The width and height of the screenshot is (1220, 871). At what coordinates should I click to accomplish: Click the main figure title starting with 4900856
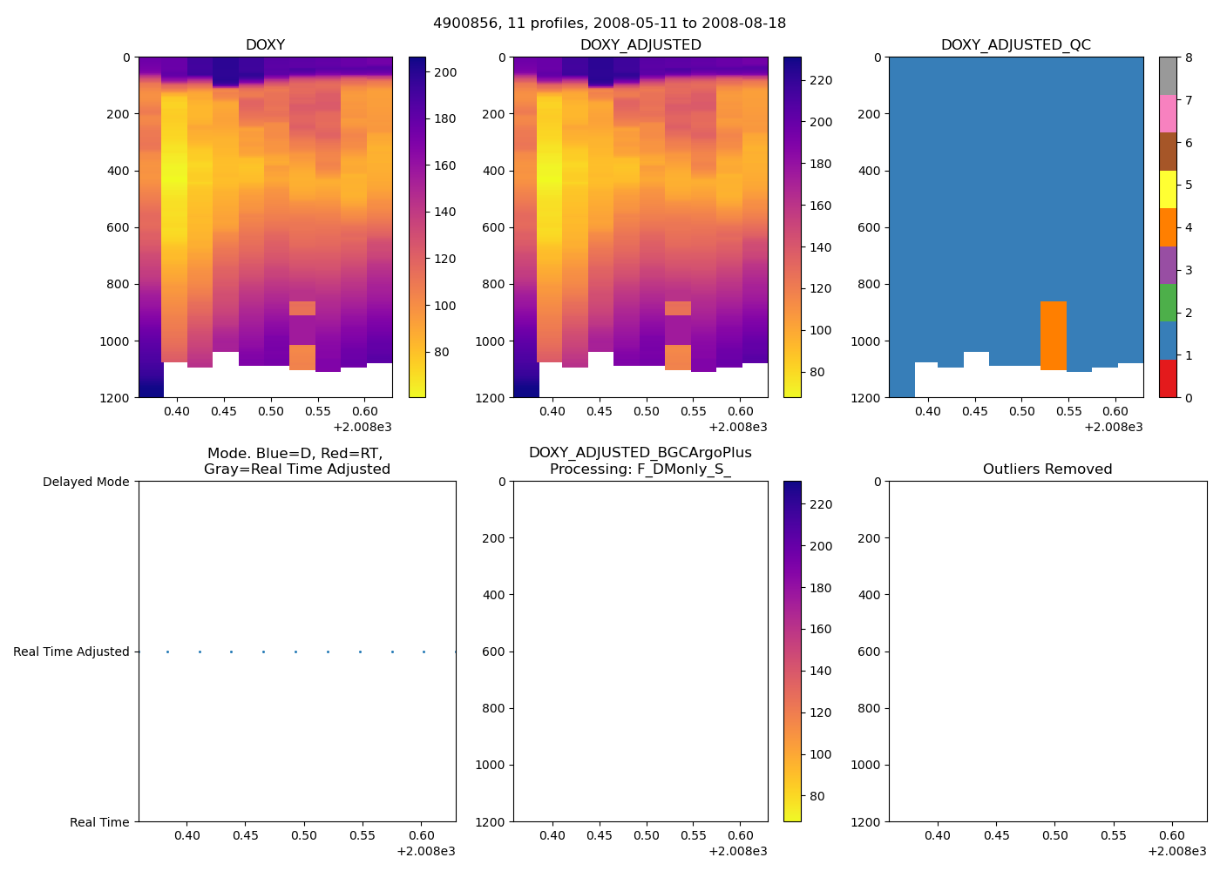tap(609, 24)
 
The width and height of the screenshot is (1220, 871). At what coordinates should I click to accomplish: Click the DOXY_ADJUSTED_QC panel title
tap(1015, 45)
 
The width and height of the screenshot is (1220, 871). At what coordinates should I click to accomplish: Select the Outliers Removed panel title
tap(1047, 469)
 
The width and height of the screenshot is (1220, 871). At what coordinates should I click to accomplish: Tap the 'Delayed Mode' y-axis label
tap(85, 482)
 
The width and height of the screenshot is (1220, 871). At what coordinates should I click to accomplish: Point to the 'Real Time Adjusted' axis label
tap(71, 652)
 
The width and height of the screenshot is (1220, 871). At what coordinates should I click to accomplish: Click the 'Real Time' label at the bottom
tap(99, 822)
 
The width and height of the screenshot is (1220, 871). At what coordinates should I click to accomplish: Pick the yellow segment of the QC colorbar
tap(1168, 189)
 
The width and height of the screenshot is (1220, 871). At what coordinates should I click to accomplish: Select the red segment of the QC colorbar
tap(1168, 379)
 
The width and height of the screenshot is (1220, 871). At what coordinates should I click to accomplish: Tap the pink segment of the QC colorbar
tap(1168, 113)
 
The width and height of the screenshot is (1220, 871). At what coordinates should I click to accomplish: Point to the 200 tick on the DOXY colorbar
tap(445, 72)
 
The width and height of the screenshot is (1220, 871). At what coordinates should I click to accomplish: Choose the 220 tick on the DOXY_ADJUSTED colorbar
tap(821, 81)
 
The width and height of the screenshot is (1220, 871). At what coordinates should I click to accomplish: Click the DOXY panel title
tap(265, 45)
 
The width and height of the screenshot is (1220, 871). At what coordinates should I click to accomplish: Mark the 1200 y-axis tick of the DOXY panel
tap(119, 398)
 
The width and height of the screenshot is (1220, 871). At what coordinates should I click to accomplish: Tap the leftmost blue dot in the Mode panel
tap(167, 652)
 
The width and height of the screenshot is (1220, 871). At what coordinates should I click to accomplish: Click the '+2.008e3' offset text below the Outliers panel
tap(1177, 852)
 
